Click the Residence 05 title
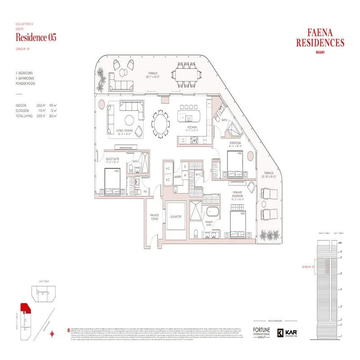(x=36, y=37)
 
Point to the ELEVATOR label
(x=175, y=216)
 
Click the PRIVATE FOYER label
(x=154, y=217)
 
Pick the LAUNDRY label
(x=177, y=177)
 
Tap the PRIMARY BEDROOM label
(x=238, y=194)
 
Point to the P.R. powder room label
(x=145, y=192)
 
